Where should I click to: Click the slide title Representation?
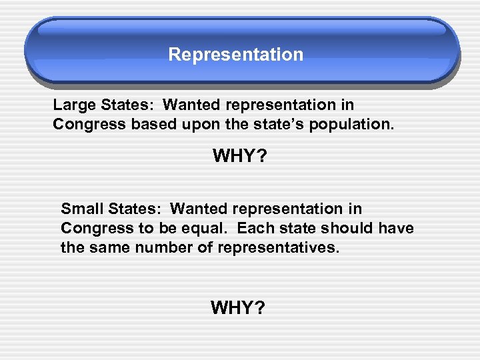[235, 55]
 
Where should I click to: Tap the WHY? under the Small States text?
[238, 307]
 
